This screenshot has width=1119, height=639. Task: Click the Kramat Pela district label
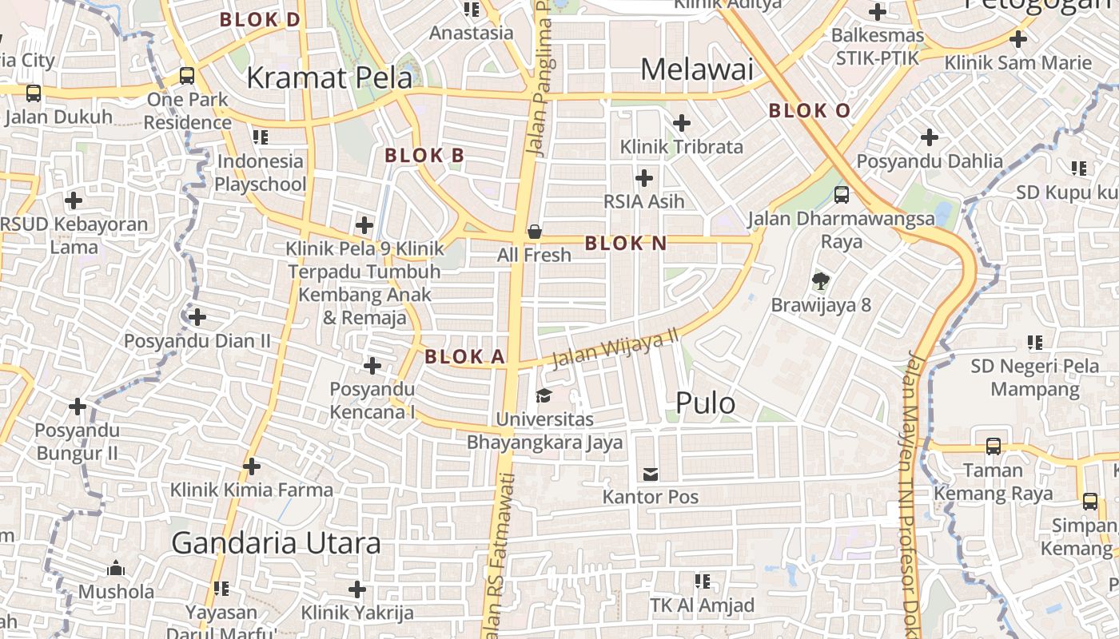(x=329, y=77)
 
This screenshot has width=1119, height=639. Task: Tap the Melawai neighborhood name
(x=697, y=69)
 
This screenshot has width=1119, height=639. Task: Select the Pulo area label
(x=705, y=403)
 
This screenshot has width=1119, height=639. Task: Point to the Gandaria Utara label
(x=276, y=543)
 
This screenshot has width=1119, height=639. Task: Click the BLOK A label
(x=464, y=357)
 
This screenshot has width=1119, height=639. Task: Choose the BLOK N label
(x=625, y=244)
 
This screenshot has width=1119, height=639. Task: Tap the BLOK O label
(x=809, y=111)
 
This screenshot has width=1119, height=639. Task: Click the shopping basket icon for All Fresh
(x=534, y=232)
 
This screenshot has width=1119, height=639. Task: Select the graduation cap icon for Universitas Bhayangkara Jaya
(x=544, y=395)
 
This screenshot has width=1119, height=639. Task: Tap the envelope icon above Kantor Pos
(x=651, y=474)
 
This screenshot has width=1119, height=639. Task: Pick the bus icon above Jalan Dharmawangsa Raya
(x=841, y=194)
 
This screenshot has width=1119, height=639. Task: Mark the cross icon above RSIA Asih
(x=644, y=178)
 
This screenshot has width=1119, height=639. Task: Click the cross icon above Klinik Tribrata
(x=682, y=123)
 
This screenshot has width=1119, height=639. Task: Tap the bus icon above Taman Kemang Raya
(x=993, y=446)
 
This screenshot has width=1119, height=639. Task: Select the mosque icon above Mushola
(x=116, y=568)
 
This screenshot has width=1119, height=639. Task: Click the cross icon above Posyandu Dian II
(x=197, y=317)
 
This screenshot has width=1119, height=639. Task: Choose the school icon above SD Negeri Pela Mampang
(x=1035, y=343)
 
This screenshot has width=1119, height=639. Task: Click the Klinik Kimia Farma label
(x=251, y=489)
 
